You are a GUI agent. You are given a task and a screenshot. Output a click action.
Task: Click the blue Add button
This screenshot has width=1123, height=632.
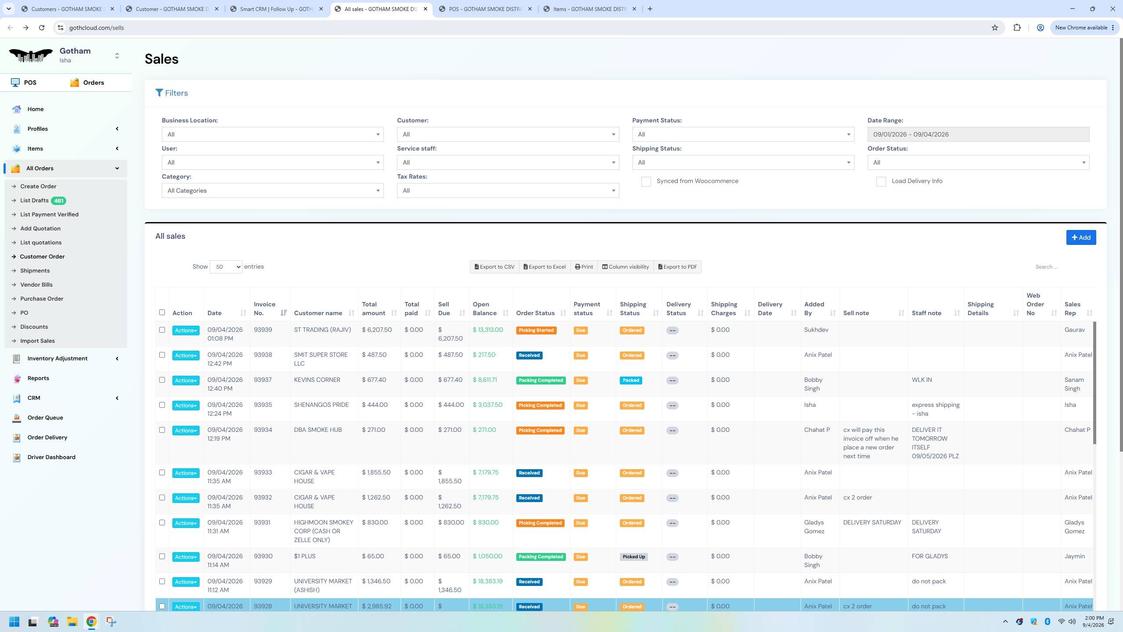coord(1081,237)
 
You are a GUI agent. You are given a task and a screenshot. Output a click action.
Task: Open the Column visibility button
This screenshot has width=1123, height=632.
coord(625,267)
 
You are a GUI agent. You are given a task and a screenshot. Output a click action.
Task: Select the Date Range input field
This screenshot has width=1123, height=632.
coord(978,134)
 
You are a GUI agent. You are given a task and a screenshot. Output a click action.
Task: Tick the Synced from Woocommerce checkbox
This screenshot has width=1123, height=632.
coord(646,182)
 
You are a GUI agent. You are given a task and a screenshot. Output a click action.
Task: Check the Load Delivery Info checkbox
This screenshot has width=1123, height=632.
coord(881,182)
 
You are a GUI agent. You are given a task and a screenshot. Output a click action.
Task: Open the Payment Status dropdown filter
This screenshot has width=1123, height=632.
coord(743,134)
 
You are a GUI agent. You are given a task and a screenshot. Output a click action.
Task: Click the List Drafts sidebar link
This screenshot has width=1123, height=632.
coord(34,201)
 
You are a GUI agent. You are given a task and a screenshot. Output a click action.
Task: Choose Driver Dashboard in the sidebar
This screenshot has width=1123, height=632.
coord(51,457)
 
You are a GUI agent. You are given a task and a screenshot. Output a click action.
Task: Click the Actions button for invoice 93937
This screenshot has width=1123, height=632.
coord(186,381)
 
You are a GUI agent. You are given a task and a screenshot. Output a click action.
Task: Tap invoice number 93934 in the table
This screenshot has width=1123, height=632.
coord(263,430)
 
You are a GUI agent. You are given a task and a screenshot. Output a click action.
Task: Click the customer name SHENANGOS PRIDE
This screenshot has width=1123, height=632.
coord(322,405)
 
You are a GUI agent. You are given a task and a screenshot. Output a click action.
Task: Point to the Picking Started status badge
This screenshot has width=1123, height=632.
coord(536,330)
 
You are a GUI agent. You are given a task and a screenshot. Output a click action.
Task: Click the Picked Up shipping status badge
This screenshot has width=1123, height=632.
coord(633,557)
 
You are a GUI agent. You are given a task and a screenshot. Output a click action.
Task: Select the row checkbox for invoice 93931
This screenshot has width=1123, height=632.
coord(162,523)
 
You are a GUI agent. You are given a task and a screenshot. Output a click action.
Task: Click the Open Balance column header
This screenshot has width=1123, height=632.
coord(485,309)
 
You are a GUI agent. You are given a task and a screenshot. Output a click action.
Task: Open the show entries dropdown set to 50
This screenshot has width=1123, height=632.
coord(226,267)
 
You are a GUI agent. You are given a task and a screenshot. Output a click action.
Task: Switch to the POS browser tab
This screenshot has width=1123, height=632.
coord(486,9)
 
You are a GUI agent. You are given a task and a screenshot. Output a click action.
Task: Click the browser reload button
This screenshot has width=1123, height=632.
coord(42,28)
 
